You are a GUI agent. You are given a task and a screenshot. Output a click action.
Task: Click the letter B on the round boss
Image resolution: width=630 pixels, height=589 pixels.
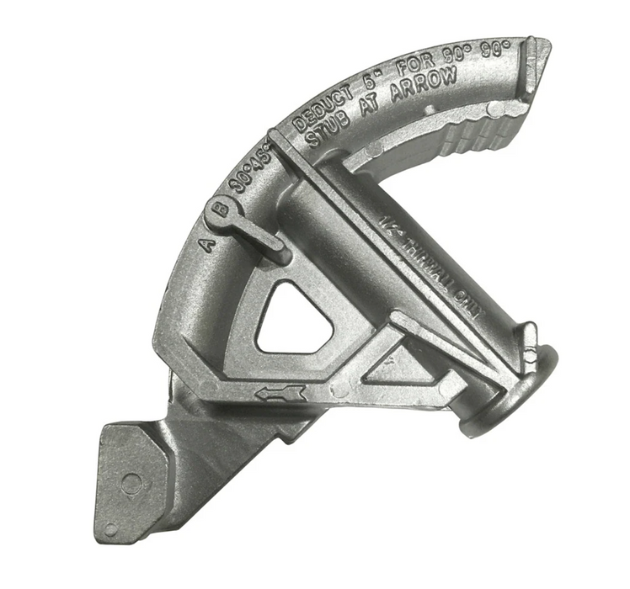pyautogui.click(x=221, y=211)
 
